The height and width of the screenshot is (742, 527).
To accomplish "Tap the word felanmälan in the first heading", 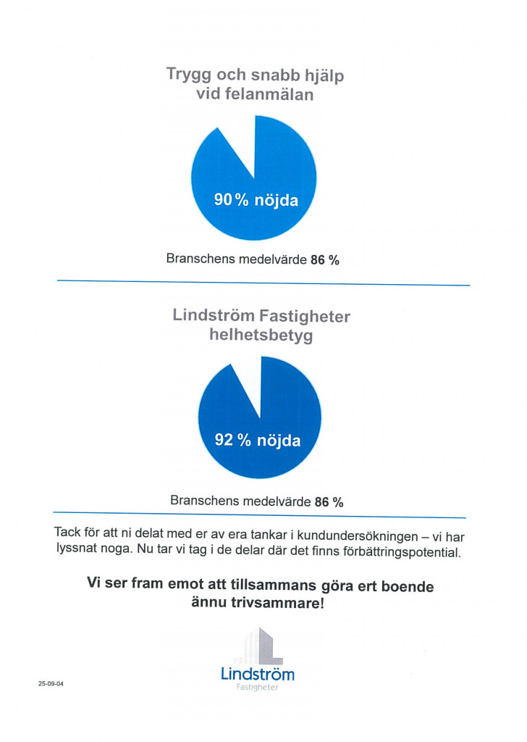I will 269,94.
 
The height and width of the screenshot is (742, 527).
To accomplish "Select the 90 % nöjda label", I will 256,201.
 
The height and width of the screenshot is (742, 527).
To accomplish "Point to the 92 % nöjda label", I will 258,439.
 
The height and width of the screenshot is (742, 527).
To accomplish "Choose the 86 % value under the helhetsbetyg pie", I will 329,501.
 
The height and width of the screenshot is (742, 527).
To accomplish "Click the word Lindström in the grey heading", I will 214,316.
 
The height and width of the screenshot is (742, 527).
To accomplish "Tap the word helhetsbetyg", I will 261,336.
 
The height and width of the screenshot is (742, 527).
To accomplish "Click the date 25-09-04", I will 51,683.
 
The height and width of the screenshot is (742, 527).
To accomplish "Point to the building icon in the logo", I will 260,646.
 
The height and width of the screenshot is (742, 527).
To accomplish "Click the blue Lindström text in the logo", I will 258,674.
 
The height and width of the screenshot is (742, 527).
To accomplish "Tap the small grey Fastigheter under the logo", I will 258,688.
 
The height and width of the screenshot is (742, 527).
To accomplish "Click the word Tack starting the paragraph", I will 68,532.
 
